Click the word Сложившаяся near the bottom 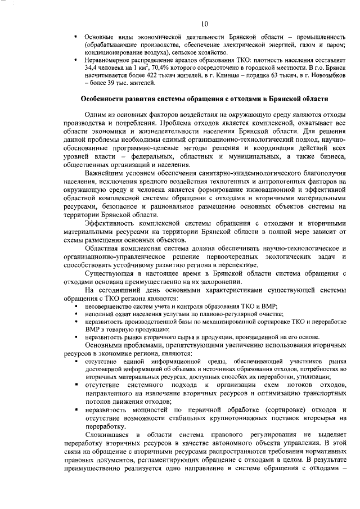pyautogui.click(x=105, y=435)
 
